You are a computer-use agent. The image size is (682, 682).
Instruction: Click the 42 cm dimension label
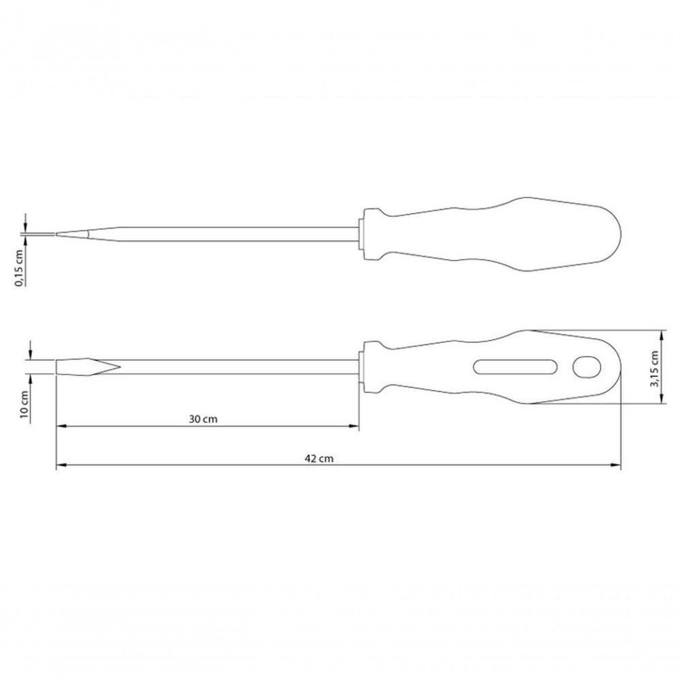pyautogui.click(x=318, y=458)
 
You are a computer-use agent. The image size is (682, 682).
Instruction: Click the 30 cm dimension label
pyautogui.click(x=203, y=419)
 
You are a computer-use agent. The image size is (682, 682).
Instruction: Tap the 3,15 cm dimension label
pyautogui.click(x=654, y=369)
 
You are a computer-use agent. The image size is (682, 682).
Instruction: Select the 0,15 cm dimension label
pyautogui.click(x=19, y=268)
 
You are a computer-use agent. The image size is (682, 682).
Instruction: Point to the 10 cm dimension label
pyautogui.click(x=25, y=404)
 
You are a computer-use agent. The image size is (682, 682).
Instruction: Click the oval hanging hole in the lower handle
pyautogui.click(x=587, y=368)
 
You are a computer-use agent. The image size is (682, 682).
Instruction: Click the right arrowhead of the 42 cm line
pyautogui.click(x=616, y=465)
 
